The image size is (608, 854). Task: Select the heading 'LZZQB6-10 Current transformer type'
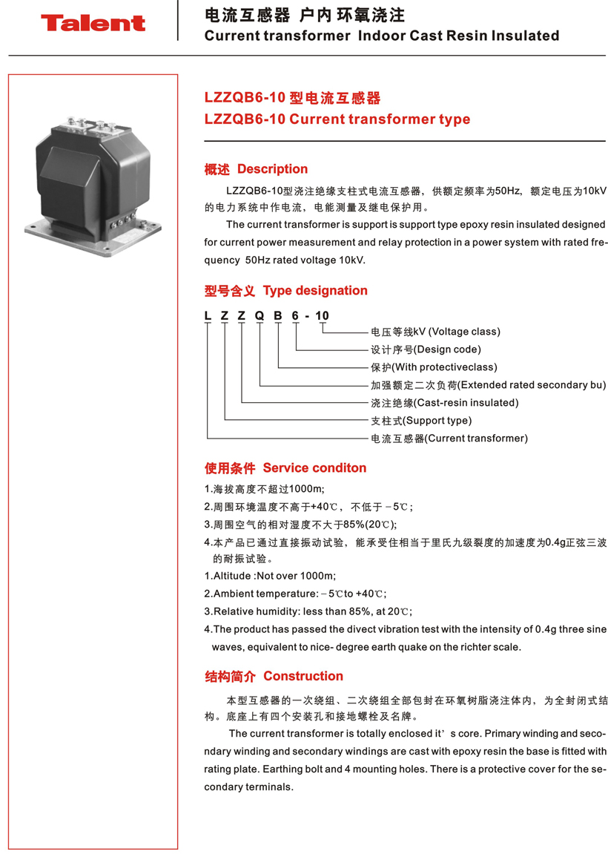point(337,119)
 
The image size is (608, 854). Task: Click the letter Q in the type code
point(260,316)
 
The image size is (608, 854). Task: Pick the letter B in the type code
point(278,316)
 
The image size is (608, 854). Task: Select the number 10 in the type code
point(322,316)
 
